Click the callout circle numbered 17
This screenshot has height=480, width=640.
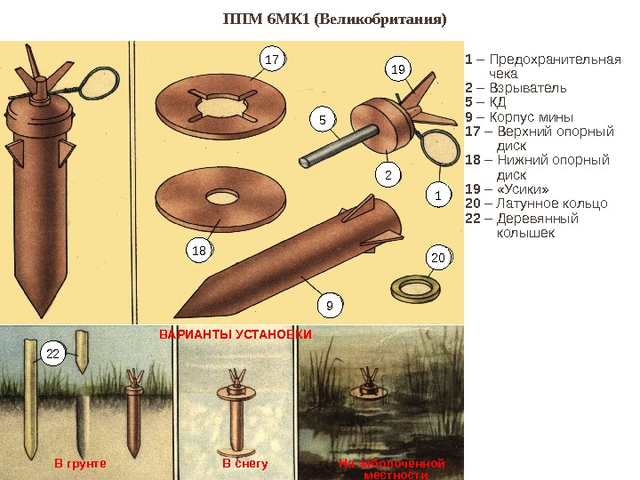(x=273, y=60)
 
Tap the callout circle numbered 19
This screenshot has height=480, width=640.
(x=398, y=68)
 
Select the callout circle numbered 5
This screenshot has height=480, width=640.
(x=323, y=118)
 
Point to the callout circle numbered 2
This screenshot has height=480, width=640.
(x=388, y=175)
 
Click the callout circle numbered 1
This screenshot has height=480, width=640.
(x=437, y=193)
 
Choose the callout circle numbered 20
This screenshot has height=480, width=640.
(x=437, y=258)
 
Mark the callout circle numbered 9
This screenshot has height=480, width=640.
(x=329, y=306)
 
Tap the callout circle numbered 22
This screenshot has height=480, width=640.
(x=52, y=354)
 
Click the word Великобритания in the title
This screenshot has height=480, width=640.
(x=394, y=18)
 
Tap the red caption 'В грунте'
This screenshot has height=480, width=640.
(x=80, y=463)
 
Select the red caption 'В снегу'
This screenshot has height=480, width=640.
(x=244, y=463)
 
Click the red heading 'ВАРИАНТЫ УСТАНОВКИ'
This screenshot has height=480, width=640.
(x=235, y=334)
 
